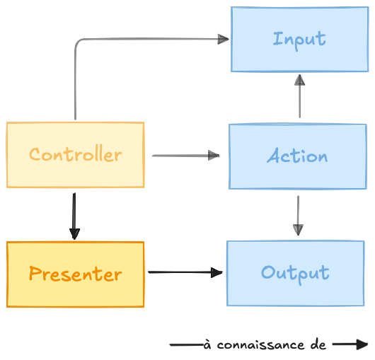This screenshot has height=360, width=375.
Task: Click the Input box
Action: point(300,39)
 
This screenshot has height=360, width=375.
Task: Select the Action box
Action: point(298,156)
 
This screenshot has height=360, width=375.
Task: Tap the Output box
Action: point(296,273)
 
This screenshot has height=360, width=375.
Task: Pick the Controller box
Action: point(75,155)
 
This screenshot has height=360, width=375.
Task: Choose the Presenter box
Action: point(75,274)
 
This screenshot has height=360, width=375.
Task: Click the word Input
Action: point(299,40)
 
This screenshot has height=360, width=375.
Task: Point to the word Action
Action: point(297,156)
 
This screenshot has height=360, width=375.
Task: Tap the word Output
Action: point(295,274)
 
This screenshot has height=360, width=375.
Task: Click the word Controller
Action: point(76,153)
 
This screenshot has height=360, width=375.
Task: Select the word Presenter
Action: point(76,274)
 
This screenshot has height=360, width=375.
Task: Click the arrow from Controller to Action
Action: point(186,156)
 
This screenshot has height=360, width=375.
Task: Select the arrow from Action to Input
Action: point(300,96)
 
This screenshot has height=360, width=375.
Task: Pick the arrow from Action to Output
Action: point(298,216)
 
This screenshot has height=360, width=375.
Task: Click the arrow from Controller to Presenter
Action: point(74,216)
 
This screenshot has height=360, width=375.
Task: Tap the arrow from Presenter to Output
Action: point(185,272)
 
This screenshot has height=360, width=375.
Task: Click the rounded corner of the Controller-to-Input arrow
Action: point(79,42)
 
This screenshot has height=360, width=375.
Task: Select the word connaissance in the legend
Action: point(260,345)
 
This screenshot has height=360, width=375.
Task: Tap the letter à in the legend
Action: point(207,344)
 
